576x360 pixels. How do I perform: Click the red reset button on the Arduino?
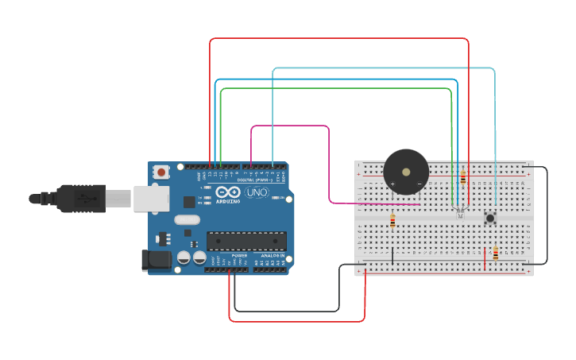[x=162, y=172]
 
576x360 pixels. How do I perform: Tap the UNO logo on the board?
[x=257, y=193]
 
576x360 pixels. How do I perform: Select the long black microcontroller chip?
[x=246, y=240]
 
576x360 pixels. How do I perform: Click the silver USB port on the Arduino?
[x=150, y=199]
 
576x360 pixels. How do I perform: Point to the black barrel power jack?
[x=155, y=261]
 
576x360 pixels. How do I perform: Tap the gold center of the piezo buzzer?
[x=406, y=171]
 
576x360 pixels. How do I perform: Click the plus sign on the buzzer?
[x=392, y=184]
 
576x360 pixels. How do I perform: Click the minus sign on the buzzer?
[x=419, y=184]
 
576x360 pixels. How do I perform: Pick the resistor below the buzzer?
[x=392, y=221]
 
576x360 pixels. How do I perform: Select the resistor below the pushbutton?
[x=496, y=254]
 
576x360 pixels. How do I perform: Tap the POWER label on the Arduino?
[x=239, y=254]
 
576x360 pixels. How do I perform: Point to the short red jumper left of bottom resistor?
[x=485, y=257]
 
